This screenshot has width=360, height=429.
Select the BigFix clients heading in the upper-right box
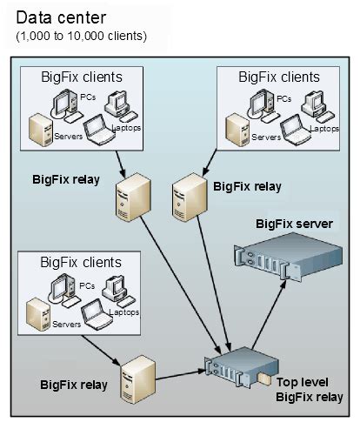click(x=279, y=77)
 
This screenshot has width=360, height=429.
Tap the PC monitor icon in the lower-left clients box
click(x=62, y=288)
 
